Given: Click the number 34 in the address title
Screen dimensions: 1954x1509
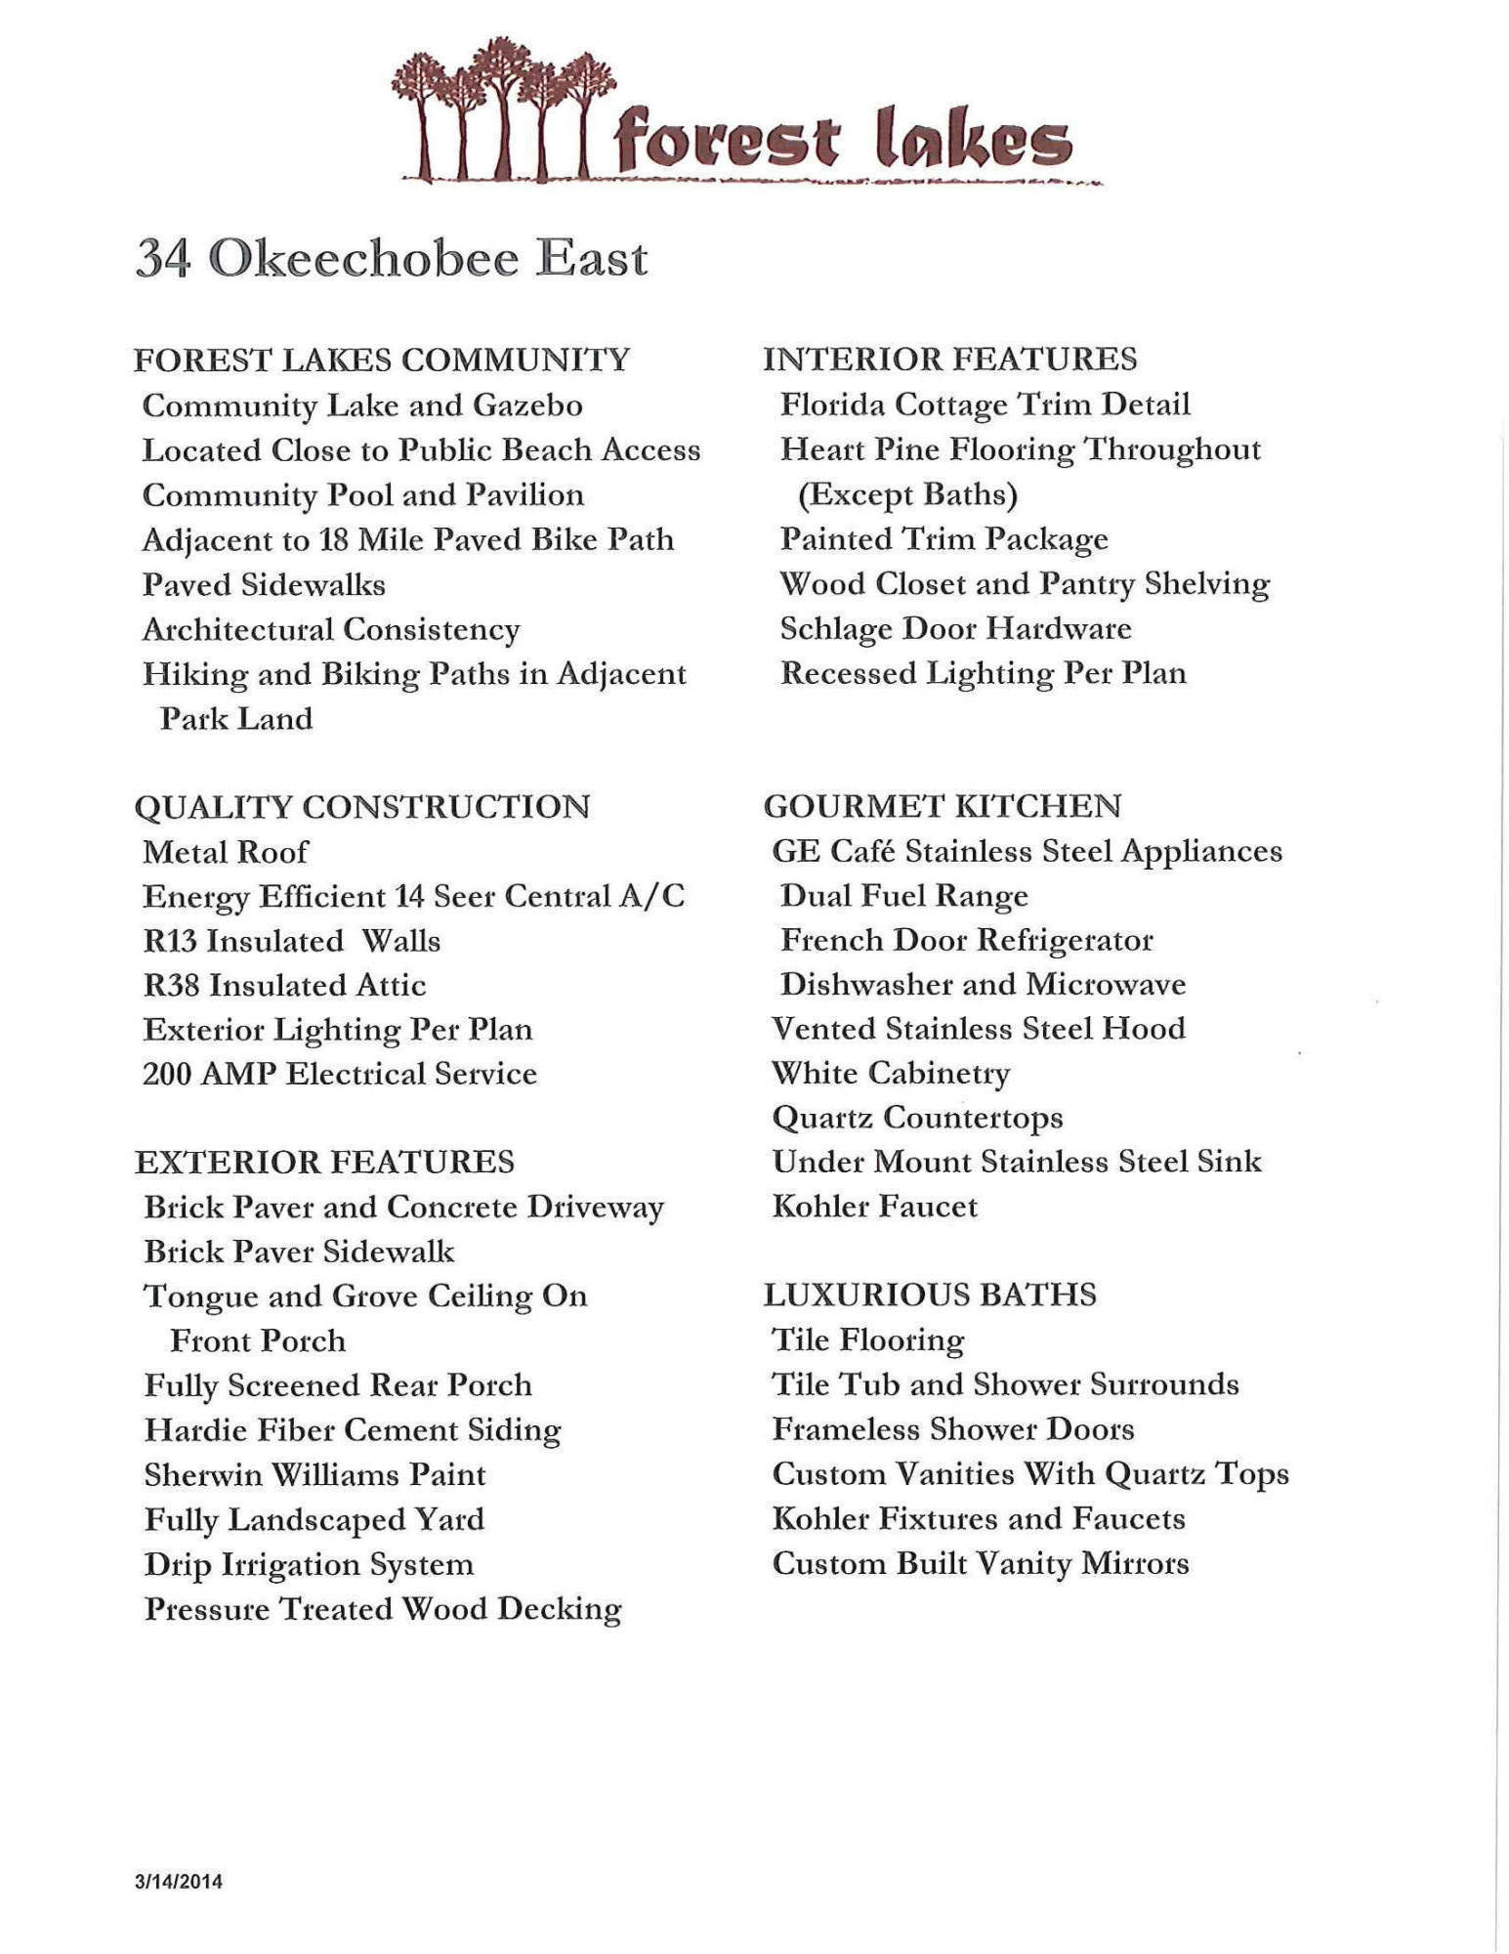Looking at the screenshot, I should click(x=162, y=259).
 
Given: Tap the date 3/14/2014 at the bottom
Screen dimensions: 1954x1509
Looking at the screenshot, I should click(x=179, y=1882).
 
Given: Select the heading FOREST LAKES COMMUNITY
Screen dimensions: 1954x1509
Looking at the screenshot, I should click(x=382, y=360).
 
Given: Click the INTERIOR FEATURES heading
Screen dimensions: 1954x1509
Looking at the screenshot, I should click(x=949, y=359).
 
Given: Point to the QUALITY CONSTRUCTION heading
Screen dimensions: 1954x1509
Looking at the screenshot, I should click(x=362, y=807).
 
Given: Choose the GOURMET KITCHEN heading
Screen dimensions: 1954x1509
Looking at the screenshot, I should click(x=943, y=806).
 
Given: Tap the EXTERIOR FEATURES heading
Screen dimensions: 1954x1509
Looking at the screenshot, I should click(x=324, y=1162).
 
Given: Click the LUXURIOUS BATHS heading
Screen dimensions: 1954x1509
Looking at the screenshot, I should click(x=930, y=1295).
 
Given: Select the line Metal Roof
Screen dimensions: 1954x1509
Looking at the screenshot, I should click(x=226, y=852).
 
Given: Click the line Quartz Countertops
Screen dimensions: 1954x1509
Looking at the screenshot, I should click(x=917, y=1117).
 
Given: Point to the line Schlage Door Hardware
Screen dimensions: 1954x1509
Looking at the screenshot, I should click(x=955, y=628).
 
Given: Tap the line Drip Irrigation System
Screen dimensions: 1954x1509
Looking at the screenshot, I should click(x=309, y=1564).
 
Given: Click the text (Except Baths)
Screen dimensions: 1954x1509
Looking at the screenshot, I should click(x=908, y=494).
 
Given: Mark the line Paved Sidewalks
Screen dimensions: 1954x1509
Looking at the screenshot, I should click(x=264, y=584).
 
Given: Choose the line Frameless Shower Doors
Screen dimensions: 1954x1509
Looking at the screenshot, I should click(x=952, y=1429).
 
